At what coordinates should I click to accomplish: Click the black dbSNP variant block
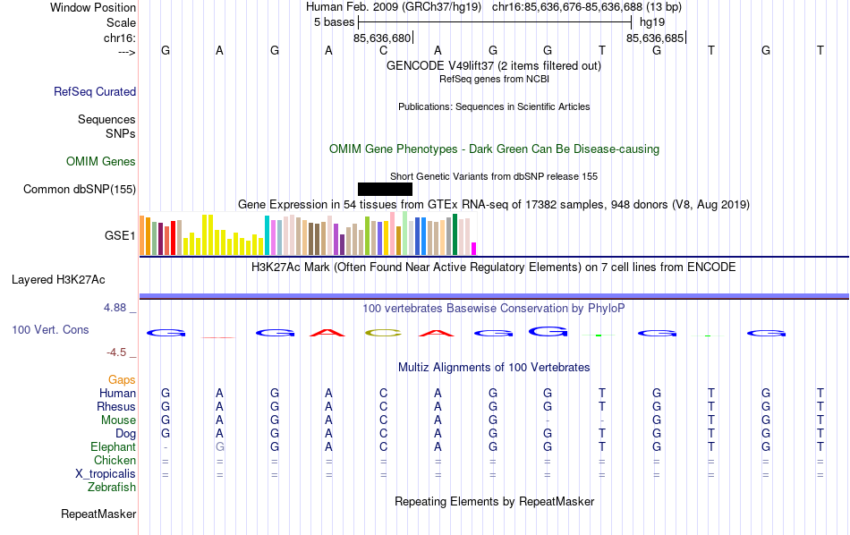click(x=385, y=189)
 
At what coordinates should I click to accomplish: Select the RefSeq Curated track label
click(x=95, y=91)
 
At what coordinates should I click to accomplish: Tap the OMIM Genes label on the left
click(x=101, y=162)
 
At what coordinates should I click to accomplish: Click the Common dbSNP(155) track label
click(x=80, y=189)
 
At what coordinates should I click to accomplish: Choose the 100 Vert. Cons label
click(x=50, y=330)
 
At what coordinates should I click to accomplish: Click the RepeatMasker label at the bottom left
click(x=98, y=514)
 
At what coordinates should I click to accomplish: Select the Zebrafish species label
click(x=112, y=488)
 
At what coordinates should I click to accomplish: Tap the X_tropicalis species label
click(x=106, y=474)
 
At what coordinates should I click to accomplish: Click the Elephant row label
click(x=113, y=447)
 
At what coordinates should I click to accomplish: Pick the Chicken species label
click(x=115, y=461)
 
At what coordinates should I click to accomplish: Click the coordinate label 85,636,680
click(x=382, y=38)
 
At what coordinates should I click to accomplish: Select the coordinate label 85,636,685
click(x=655, y=38)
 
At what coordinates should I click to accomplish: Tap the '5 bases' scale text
click(x=334, y=21)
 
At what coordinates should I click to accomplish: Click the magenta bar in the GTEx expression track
click(x=474, y=249)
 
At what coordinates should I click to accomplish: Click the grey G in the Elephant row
click(x=220, y=447)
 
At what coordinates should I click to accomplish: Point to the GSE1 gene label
click(x=120, y=236)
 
